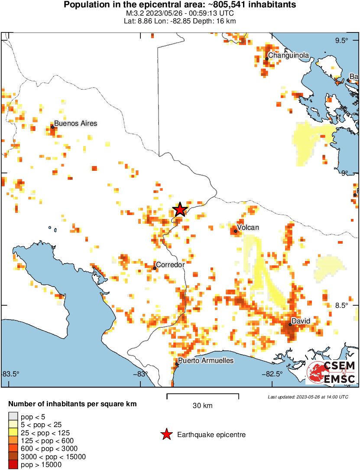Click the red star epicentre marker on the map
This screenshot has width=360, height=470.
pyautogui.click(x=180, y=209)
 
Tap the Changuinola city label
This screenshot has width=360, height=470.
pyautogui.click(x=289, y=55)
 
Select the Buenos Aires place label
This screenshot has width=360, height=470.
pyautogui.click(x=75, y=124)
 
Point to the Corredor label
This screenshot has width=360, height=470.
pyautogui.click(x=170, y=264)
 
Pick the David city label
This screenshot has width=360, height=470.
pyautogui.click(x=301, y=321)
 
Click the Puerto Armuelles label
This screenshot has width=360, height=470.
pyautogui.click(x=206, y=361)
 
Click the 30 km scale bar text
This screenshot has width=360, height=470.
pyautogui.click(x=202, y=406)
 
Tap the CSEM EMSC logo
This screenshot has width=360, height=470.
pyautogui.click(x=331, y=372)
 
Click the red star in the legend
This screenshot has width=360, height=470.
pyautogui.click(x=166, y=434)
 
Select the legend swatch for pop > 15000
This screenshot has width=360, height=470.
pyautogui.click(x=13, y=465)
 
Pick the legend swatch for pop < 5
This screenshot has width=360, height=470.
pyautogui.click(x=13, y=417)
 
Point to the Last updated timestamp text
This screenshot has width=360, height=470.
pyautogui.click(x=308, y=397)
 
